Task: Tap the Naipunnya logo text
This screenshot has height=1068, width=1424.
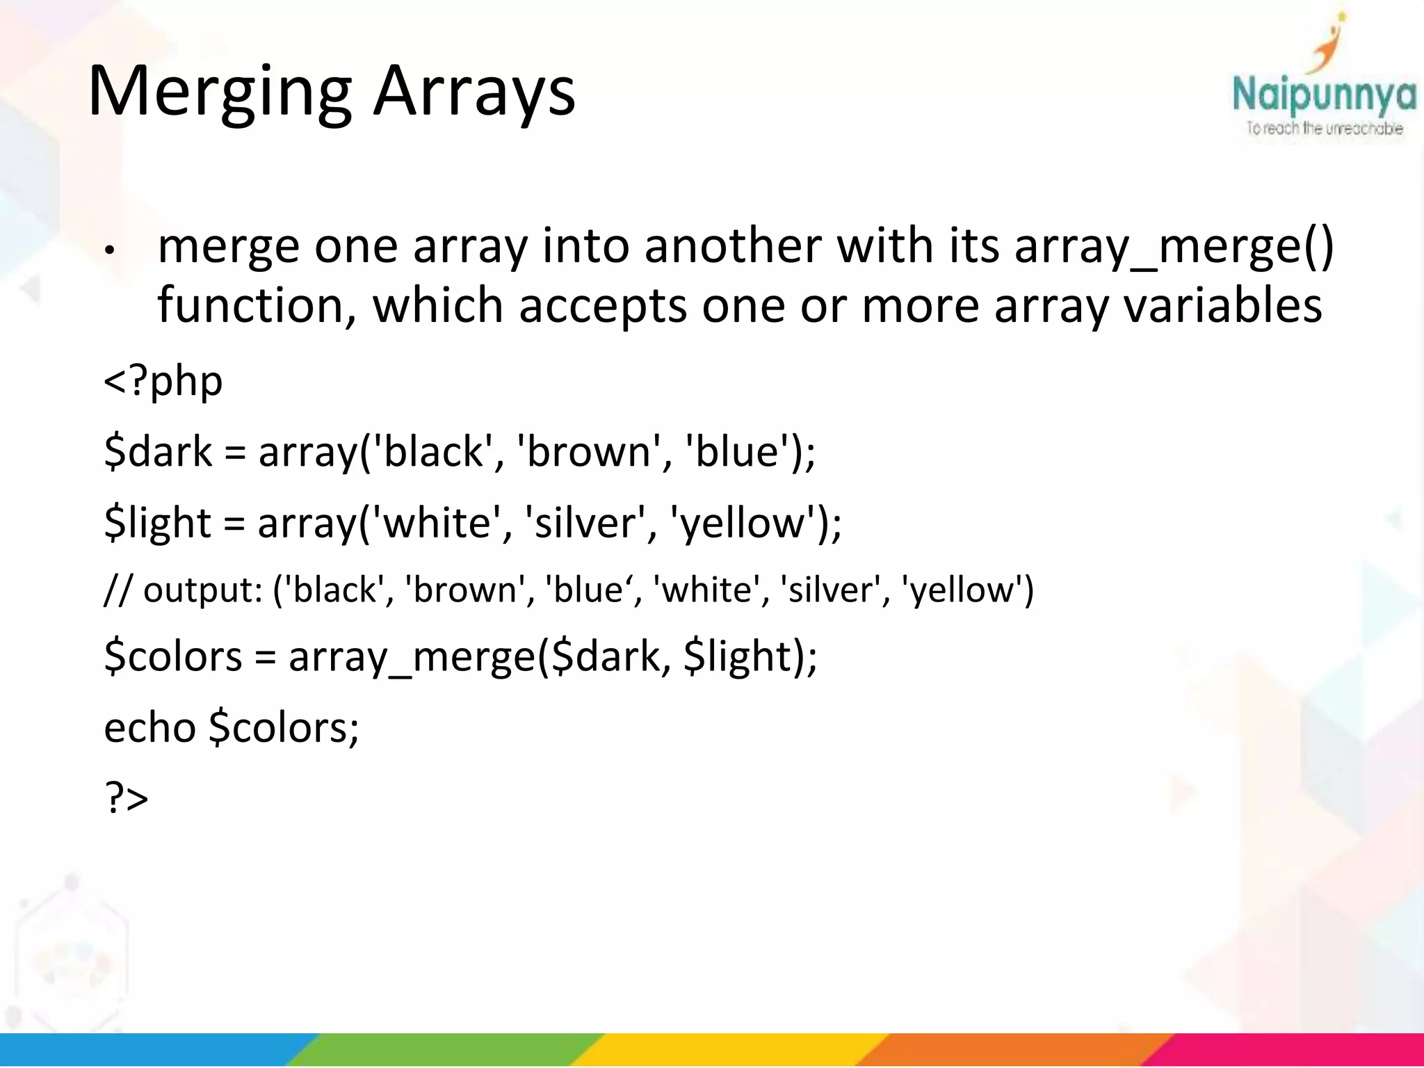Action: coord(1323,95)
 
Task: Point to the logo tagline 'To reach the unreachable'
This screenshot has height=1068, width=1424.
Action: coord(1324,129)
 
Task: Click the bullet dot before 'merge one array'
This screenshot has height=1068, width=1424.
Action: coord(108,250)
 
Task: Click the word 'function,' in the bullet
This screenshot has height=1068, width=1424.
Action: coord(257,305)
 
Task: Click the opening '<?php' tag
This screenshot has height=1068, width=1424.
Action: coord(163,381)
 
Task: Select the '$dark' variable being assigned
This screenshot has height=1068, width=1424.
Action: coord(158,451)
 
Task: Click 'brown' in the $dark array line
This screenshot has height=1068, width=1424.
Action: coord(588,451)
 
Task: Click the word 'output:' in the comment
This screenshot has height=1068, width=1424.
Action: coord(202,590)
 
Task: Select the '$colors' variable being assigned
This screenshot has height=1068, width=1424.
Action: coord(173,656)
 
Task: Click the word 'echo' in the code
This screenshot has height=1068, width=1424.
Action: coord(149,727)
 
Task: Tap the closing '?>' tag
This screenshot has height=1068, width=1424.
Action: coord(126,798)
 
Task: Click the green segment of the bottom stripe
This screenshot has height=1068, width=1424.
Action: coord(445,1050)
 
